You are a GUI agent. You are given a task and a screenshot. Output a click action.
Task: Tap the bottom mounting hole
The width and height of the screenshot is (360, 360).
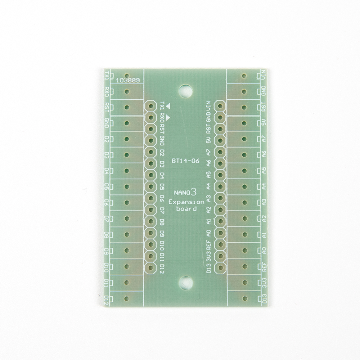coord(186,282)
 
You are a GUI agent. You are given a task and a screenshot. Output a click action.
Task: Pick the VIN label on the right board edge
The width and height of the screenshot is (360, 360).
coord(265,76)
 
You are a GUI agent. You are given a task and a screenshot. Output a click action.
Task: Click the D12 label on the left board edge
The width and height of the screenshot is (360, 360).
coord(106,299)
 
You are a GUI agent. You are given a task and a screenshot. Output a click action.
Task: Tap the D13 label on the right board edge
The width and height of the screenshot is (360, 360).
coord(265,298)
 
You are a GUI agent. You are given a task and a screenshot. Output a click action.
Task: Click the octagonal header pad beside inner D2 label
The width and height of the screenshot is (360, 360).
coord(150,152)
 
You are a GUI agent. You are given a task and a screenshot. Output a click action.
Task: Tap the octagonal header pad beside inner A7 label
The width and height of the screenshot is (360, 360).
coord(219,152)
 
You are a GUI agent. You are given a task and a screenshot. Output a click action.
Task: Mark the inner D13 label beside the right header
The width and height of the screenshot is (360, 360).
coord(208,268)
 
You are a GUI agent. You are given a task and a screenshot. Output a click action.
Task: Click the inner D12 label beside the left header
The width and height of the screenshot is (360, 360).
coord(162,269)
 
